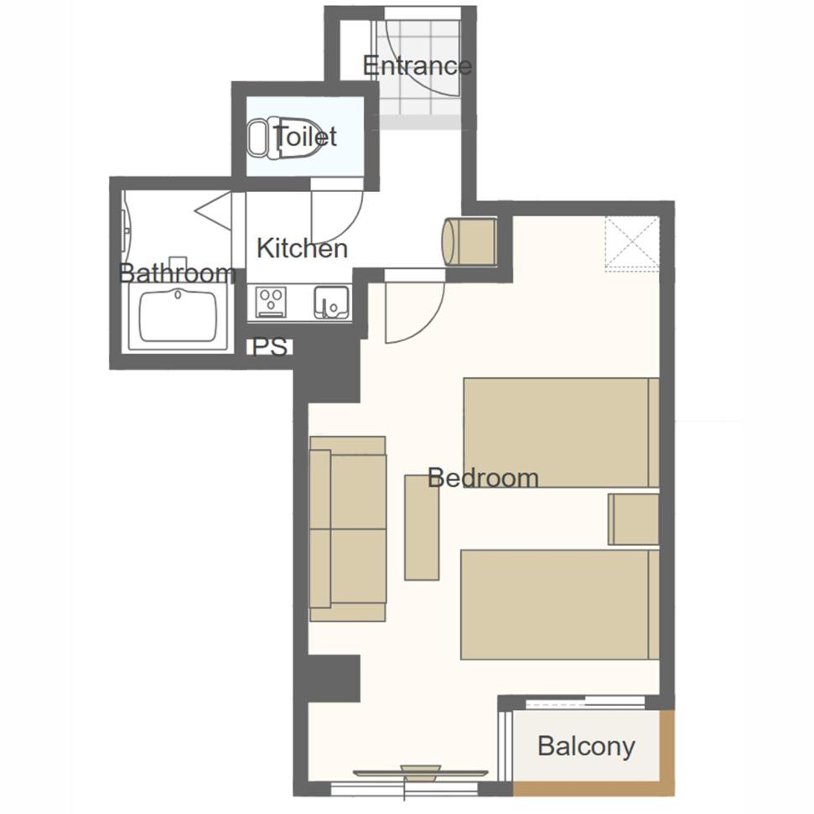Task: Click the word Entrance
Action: [417, 66]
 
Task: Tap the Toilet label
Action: [305, 136]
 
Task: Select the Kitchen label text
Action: [302, 248]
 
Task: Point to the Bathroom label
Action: [177, 272]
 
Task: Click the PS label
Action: [269, 347]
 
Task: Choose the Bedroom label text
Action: [483, 478]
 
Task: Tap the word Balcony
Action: [586, 746]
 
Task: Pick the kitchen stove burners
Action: [271, 301]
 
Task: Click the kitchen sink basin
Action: [331, 301]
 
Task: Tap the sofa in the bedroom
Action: [348, 528]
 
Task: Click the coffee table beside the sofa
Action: [422, 527]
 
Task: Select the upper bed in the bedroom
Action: [561, 433]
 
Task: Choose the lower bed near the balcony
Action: [560, 604]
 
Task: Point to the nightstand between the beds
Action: [633, 519]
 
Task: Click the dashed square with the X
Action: [632, 243]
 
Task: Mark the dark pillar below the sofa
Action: [334, 678]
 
